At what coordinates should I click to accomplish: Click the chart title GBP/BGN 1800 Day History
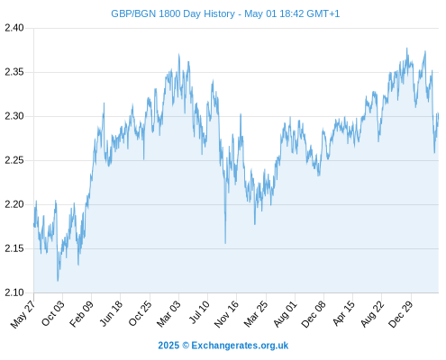pyautogui.click(x=173, y=13)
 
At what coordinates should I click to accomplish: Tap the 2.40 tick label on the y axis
pyautogui.click(x=14, y=28)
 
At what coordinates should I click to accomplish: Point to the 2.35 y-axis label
pyautogui.click(x=14, y=72)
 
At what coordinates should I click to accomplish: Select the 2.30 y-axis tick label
pyautogui.click(x=14, y=116)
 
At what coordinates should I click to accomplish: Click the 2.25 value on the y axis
pyautogui.click(x=14, y=160)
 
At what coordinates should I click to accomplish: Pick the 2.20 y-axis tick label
pyautogui.click(x=14, y=204)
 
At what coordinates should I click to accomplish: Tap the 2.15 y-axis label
pyautogui.click(x=14, y=248)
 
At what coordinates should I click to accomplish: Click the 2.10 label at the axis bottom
pyautogui.click(x=14, y=292)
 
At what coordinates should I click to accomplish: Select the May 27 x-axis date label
pyautogui.click(x=23, y=314)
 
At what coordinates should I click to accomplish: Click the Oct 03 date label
pyautogui.click(x=53, y=313)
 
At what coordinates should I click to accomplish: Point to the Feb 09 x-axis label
pyautogui.click(x=81, y=314)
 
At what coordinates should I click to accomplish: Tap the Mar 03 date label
pyautogui.click(x=168, y=314)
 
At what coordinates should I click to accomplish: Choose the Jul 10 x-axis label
pyautogui.click(x=199, y=312)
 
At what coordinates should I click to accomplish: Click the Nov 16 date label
pyautogui.click(x=226, y=314)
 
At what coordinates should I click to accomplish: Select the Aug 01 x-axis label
pyautogui.click(x=285, y=314)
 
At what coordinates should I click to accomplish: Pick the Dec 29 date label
pyautogui.click(x=401, y=314)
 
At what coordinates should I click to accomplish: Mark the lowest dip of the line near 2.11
pyautogui.click(x=58, y=281)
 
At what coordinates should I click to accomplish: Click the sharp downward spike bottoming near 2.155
pyautogui.click(x=225, y=243)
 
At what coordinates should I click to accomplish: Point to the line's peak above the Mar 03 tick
pyautogui.click(x=179, y=54)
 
